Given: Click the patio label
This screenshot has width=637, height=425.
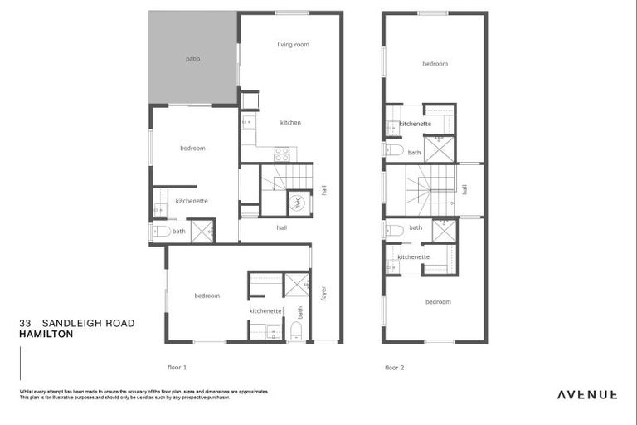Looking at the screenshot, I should coord(192,59).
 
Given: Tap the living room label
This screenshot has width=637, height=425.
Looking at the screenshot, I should coord(293,45).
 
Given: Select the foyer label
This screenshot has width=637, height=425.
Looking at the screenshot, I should coord(323,293).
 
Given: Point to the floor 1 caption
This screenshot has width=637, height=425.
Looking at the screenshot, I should coord(177,366).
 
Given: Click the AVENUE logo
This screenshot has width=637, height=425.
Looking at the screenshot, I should coord(586,394).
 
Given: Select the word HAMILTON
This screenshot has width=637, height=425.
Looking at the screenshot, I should coord(46,334).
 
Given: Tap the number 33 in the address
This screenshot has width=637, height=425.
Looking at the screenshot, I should coord(25,323).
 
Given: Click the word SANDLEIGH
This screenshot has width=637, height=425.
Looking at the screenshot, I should coord(72,323).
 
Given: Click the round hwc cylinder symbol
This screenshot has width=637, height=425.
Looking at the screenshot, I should coord(297,202).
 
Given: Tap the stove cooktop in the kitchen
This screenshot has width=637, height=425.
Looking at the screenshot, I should coord(281,154).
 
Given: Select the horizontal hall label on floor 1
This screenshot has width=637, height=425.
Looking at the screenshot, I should coord(281,227).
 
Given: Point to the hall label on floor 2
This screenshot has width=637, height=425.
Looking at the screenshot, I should coord(464,189).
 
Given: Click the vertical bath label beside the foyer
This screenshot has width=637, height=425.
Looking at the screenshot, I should coord(300,313).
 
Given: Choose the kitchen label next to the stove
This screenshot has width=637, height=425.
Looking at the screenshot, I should coord(290,123).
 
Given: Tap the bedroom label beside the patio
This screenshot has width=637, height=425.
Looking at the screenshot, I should coord(192,149).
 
